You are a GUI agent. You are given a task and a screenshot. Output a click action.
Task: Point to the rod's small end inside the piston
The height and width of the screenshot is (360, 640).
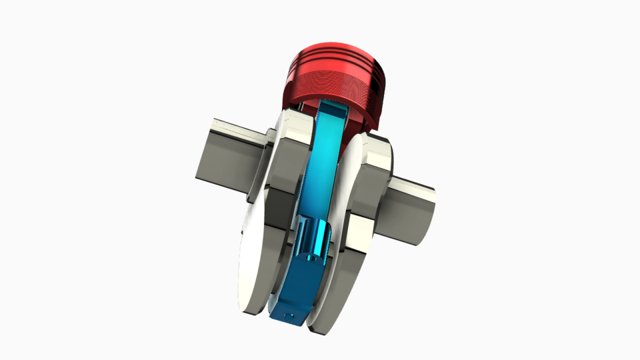[x=331, y=110]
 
